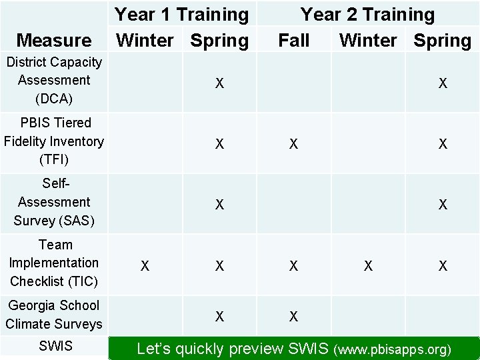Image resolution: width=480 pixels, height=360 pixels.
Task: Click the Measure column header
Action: click(54, 41)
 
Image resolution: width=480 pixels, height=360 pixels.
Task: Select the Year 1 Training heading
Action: click(181, 14)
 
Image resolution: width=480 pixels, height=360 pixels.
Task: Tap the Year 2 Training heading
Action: click(367, 14)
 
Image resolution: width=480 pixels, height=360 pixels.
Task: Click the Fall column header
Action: click(293, 41)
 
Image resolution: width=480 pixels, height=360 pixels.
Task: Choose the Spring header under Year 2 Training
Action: click(442, 41)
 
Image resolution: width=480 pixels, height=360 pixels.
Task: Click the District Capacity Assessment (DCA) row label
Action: click(54, 80)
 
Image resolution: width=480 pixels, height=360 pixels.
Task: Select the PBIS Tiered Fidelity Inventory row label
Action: click(54, 141)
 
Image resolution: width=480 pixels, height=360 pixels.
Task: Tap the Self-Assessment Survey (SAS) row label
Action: click(54, 201)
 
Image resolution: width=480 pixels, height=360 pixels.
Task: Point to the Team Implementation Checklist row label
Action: click(54, 263)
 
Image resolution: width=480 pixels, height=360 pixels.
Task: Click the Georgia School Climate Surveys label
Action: click(54, 315)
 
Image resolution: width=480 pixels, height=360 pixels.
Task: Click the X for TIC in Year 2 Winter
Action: click(368, 266)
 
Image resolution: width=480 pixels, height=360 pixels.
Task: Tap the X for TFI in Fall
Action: click(293, 144)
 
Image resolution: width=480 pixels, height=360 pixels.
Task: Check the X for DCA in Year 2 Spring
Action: click(442, 83)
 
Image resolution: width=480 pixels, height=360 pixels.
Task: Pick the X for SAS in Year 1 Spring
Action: click(219, 205)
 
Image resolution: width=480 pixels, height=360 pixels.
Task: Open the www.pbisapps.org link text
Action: click(394, 349)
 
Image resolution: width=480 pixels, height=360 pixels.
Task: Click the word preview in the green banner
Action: click(253, 348)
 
